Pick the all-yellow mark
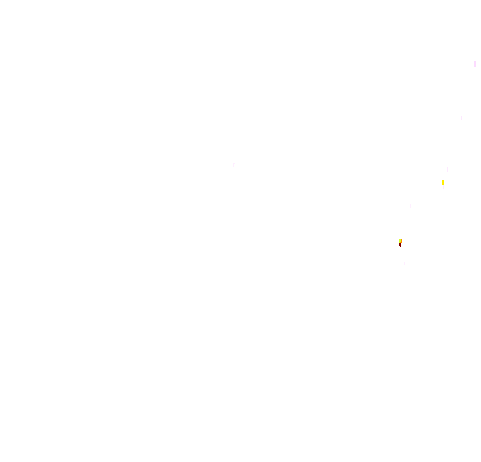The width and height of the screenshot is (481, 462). click(442, 182)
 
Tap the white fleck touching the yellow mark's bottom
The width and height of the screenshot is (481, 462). click(444, 188)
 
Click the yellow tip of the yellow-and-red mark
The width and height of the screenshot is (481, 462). click(400, 240)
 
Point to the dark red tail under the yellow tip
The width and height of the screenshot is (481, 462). click(400, 245)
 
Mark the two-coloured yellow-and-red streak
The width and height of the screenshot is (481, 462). click(400, 242)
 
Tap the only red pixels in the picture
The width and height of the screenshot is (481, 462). click(400, 245)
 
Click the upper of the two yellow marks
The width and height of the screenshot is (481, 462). click(442, 182)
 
